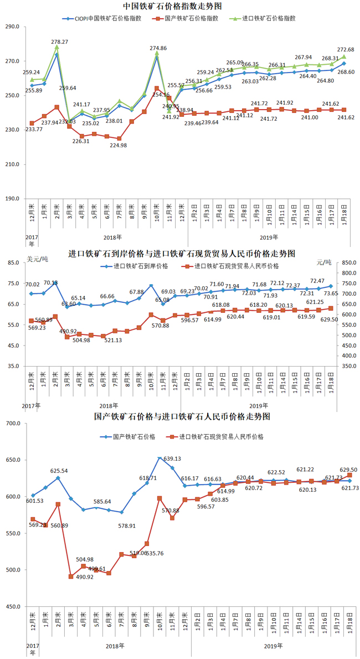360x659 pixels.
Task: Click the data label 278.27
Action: [x=59, y=42]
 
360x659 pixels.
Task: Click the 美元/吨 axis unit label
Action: [x=37, y=259]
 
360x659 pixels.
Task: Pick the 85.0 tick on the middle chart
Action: [x=13, y=262]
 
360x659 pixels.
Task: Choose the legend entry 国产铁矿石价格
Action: [x=133, y=437]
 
